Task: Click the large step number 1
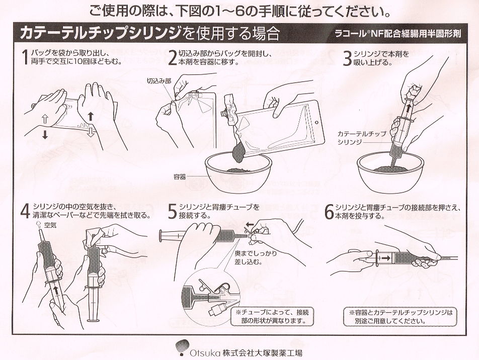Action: coord(25,58)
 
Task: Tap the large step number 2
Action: coord(173,58)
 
